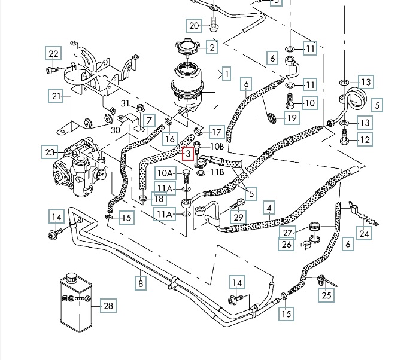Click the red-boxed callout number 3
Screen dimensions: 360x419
point(189,154)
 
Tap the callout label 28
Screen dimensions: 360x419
point(108,306)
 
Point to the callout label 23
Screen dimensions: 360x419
point(50,152)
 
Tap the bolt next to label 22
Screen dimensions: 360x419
point(51,70)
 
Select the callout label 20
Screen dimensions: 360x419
point(194,26)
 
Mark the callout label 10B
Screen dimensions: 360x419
point(216,147)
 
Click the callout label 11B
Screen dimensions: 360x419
point(216,172)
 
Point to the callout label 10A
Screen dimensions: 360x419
point(165,173)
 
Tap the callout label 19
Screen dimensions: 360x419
point(291,118)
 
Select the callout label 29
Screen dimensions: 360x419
point(239,218)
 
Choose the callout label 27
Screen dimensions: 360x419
point(288,233)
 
